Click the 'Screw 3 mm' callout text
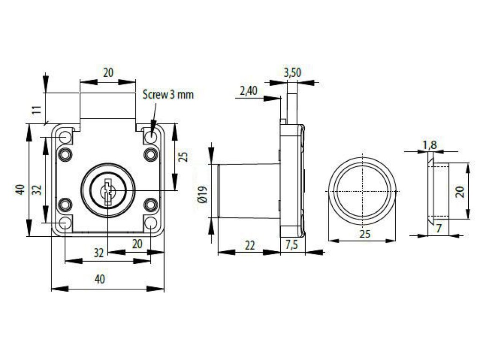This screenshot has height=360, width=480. tap(168, 95)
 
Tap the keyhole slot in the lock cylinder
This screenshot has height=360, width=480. tap(108, 191)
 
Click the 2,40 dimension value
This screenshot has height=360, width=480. tap(248, 90)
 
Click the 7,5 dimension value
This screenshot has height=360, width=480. tap(293, 245)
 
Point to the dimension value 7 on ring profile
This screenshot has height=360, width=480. tap(439, 229)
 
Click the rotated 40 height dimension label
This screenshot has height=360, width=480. tap(20, 190)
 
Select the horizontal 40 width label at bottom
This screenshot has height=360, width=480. tap(99, 279)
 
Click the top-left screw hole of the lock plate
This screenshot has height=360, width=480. tap(65, 137)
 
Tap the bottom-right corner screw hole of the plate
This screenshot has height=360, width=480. tap(150, 223)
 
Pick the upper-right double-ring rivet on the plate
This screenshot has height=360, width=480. tap(150, 154)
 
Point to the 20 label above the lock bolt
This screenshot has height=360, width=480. tap(108, 73)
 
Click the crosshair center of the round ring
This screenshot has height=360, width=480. tap(362, 193)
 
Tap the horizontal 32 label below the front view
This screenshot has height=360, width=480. tap(98, 253)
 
